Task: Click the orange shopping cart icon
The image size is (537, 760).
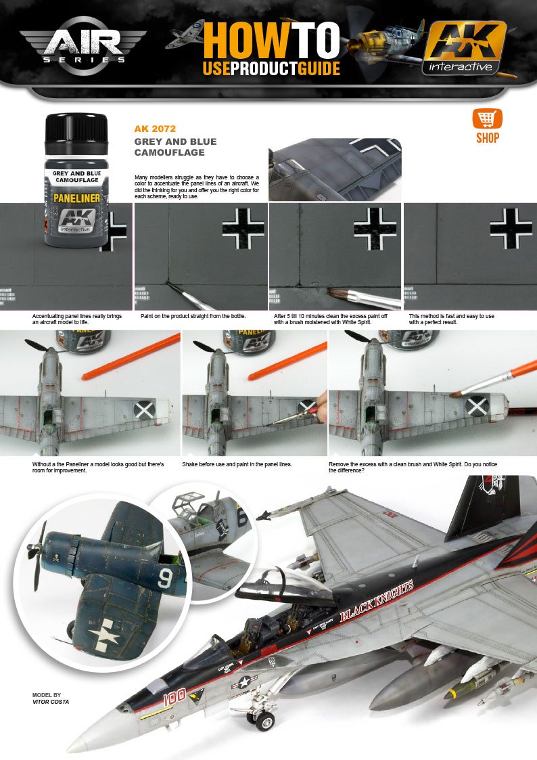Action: coord(486,119)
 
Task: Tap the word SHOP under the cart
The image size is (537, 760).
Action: coord(487,138)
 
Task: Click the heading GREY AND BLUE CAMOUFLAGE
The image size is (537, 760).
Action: coord(175,147)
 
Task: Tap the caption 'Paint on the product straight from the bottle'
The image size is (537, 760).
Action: coord(193,316)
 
